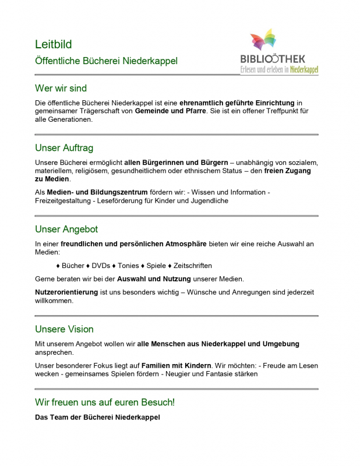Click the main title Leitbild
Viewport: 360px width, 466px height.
54,44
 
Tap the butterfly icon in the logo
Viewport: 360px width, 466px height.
263,41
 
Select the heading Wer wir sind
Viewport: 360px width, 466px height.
61,89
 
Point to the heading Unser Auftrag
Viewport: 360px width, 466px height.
64,148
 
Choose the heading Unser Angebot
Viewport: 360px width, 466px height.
66,230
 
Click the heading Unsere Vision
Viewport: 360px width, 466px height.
64,329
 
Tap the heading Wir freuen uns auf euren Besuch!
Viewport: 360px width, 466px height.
105,403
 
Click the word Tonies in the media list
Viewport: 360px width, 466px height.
128,266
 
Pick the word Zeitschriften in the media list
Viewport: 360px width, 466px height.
193,266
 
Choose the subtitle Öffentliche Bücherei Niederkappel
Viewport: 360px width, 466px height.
106,61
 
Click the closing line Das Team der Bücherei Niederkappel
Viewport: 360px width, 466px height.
97,418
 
